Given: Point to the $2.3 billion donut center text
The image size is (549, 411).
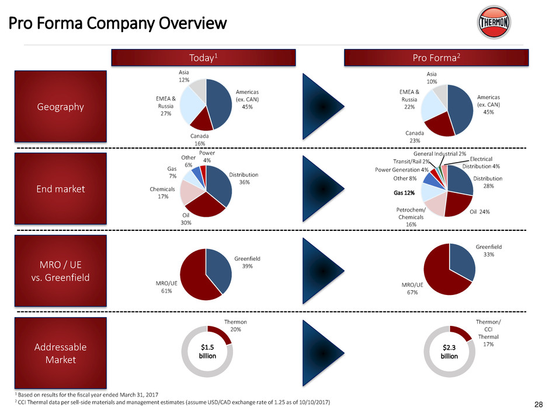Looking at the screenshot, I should point(449,352).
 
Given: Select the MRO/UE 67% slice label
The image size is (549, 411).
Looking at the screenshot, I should point(409,289).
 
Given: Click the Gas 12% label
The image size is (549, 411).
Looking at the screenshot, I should point(404,193).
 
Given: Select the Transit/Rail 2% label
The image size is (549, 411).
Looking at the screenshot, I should point(412,161).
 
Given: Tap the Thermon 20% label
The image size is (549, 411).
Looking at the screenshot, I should point(236,325).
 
